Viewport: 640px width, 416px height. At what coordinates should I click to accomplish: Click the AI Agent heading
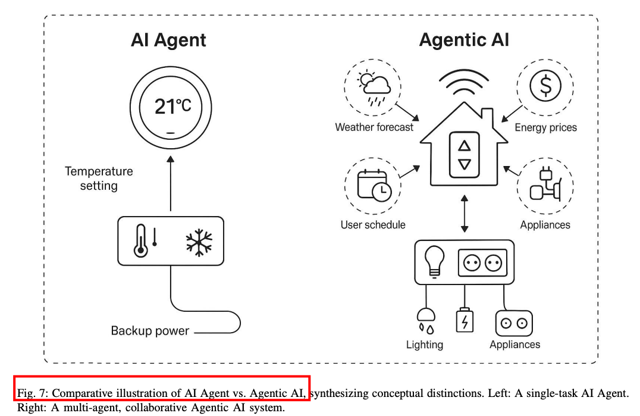pyautogui.click(x=168, y=40)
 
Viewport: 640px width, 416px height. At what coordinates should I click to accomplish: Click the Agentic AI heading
pyautogui.click(x=464, y=40)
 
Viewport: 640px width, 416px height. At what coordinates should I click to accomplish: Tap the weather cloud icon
pyautogui.click(x=373, y=88)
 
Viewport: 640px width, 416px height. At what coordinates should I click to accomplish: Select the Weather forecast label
pyautogui.click(x=374, y=127)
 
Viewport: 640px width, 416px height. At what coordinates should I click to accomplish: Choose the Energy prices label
pyautogui.click(x=545, y=127)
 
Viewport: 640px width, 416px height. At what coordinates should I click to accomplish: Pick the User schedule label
pyautogui.click(x=373, y=225)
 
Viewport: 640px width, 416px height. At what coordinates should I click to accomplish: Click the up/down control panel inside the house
pyautogui.click(x=464, y=154)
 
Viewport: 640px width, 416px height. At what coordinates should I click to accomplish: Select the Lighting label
pyautogui.click(x=424, y=345)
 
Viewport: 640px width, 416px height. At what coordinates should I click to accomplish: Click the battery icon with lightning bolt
pyautogui.click(x=464, y=320)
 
